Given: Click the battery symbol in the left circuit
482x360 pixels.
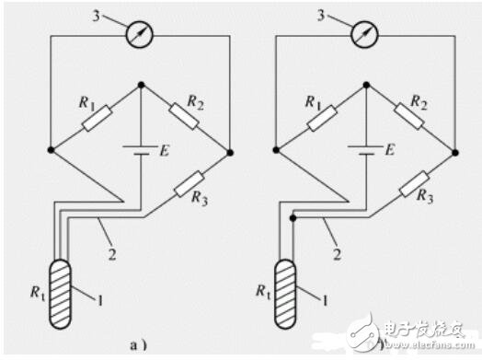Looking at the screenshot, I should pyautogui.click(x=140, y=150).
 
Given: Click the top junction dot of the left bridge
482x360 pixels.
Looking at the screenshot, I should pyautogui.click(x=140, y=85).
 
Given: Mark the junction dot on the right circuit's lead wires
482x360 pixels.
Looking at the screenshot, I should pyautogui.click(x=293, y=218).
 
